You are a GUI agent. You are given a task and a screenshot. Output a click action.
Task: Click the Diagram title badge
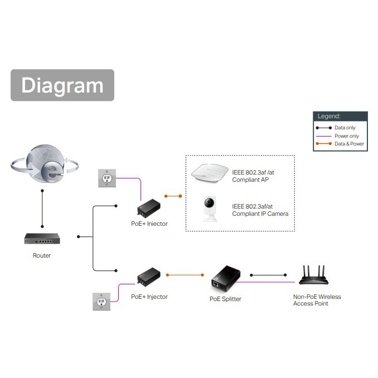62,85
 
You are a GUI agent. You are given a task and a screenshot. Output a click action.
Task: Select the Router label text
42,255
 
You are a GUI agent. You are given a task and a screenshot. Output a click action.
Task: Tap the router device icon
42,239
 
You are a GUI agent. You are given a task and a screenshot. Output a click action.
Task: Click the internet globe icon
42,164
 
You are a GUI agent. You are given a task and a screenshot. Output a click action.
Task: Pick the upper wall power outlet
106,178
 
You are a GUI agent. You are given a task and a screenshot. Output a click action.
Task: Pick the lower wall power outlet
101,301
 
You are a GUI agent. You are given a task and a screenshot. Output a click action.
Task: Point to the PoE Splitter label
225,299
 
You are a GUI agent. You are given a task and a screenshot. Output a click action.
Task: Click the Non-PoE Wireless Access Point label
317,300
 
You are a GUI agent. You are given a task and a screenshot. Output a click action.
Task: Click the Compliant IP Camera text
260,210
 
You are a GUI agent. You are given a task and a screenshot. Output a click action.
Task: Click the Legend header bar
340,117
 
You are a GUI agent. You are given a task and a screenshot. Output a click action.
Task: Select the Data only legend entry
340,128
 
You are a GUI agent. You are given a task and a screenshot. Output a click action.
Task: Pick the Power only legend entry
340,136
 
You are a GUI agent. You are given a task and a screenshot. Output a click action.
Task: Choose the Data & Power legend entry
340,144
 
